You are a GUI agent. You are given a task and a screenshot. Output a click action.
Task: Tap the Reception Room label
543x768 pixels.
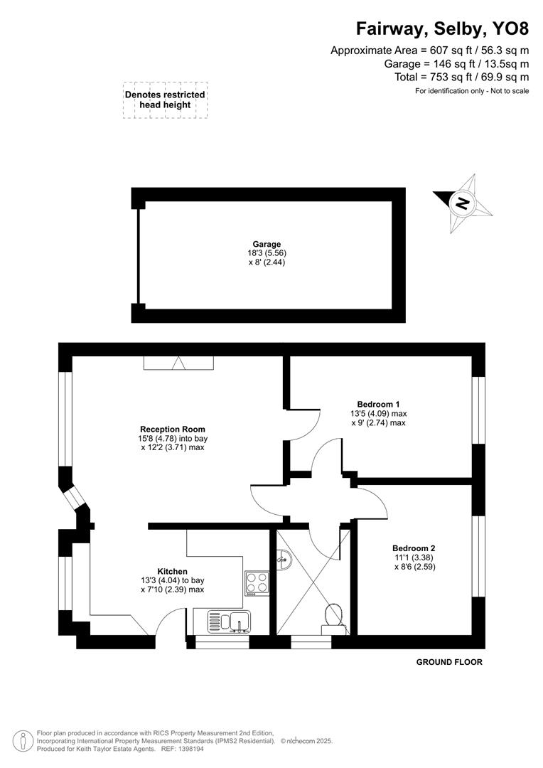[173, 429]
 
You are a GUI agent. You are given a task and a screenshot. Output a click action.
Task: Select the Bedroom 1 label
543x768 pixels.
[378, 402]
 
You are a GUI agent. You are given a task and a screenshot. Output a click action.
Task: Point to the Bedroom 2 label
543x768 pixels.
[413, 548]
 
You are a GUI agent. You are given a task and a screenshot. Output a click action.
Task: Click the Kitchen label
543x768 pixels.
[172, 571]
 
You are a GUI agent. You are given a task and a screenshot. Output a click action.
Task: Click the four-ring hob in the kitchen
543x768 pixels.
[257, 582]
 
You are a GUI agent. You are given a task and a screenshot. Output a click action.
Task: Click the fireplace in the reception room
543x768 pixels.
[178, 363]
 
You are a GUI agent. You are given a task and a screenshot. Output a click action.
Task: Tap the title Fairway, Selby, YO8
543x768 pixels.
[442, 28]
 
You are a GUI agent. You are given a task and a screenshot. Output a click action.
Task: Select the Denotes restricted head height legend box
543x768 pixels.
[165, 100]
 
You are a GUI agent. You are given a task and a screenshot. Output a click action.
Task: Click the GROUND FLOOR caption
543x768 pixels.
[449, 662]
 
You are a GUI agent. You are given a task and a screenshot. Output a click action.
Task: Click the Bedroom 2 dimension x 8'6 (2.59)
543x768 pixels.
[413, 567]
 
